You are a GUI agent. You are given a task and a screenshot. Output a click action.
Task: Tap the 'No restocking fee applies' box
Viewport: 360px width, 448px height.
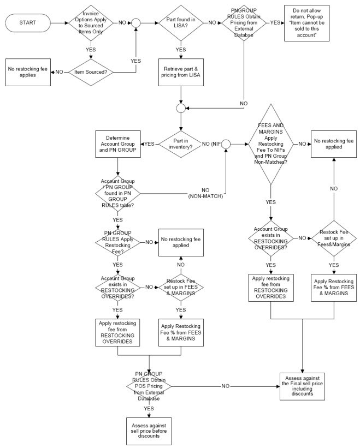pos(27,72)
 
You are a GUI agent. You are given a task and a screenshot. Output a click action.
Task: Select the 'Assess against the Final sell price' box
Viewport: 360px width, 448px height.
pos(303,385)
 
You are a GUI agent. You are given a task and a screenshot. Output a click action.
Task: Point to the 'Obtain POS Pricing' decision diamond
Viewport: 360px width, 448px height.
pos(149,385)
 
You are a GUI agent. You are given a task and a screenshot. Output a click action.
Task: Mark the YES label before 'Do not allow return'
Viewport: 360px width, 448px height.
pos(275,23)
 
